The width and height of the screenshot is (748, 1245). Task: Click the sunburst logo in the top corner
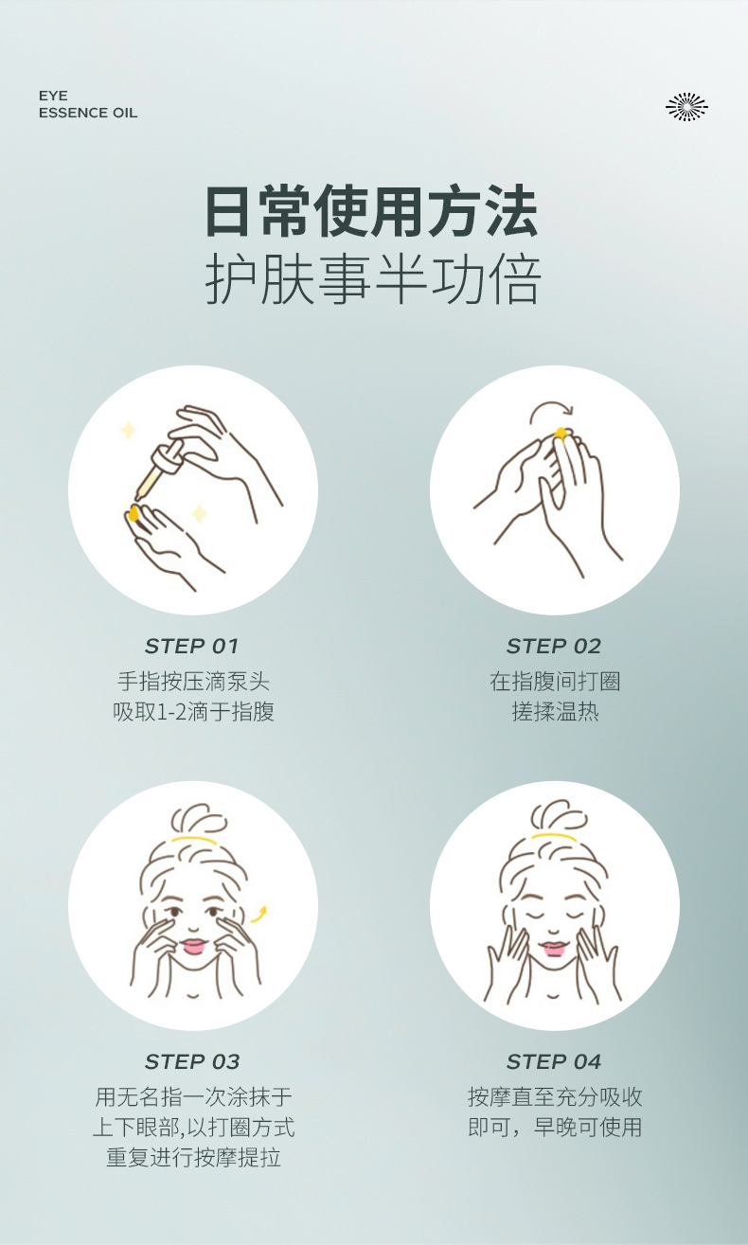point(686,106)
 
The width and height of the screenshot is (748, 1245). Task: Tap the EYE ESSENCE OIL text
point(88,104)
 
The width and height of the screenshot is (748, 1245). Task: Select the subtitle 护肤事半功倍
point(372,279)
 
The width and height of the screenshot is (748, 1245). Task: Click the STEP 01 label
point(191,647)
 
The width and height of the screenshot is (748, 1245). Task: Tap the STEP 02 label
point(554,647)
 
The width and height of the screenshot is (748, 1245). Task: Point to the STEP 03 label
point(192,1061)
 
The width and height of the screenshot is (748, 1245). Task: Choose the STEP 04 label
point(554,1061)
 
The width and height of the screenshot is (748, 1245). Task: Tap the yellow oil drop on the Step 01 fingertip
point(134,513)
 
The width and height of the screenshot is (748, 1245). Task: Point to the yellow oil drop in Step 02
point(561,434)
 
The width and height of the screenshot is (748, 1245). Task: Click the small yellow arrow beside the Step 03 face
point(259,915)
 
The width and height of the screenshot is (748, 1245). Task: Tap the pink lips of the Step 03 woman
point(194,946)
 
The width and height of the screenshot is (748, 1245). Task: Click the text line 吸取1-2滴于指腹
point(193,712)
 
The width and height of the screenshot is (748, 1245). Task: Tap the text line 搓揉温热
point(555,712)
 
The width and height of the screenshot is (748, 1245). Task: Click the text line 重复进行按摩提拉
point(193,1158)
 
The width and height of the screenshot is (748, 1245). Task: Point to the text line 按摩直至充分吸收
point(555,1097)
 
